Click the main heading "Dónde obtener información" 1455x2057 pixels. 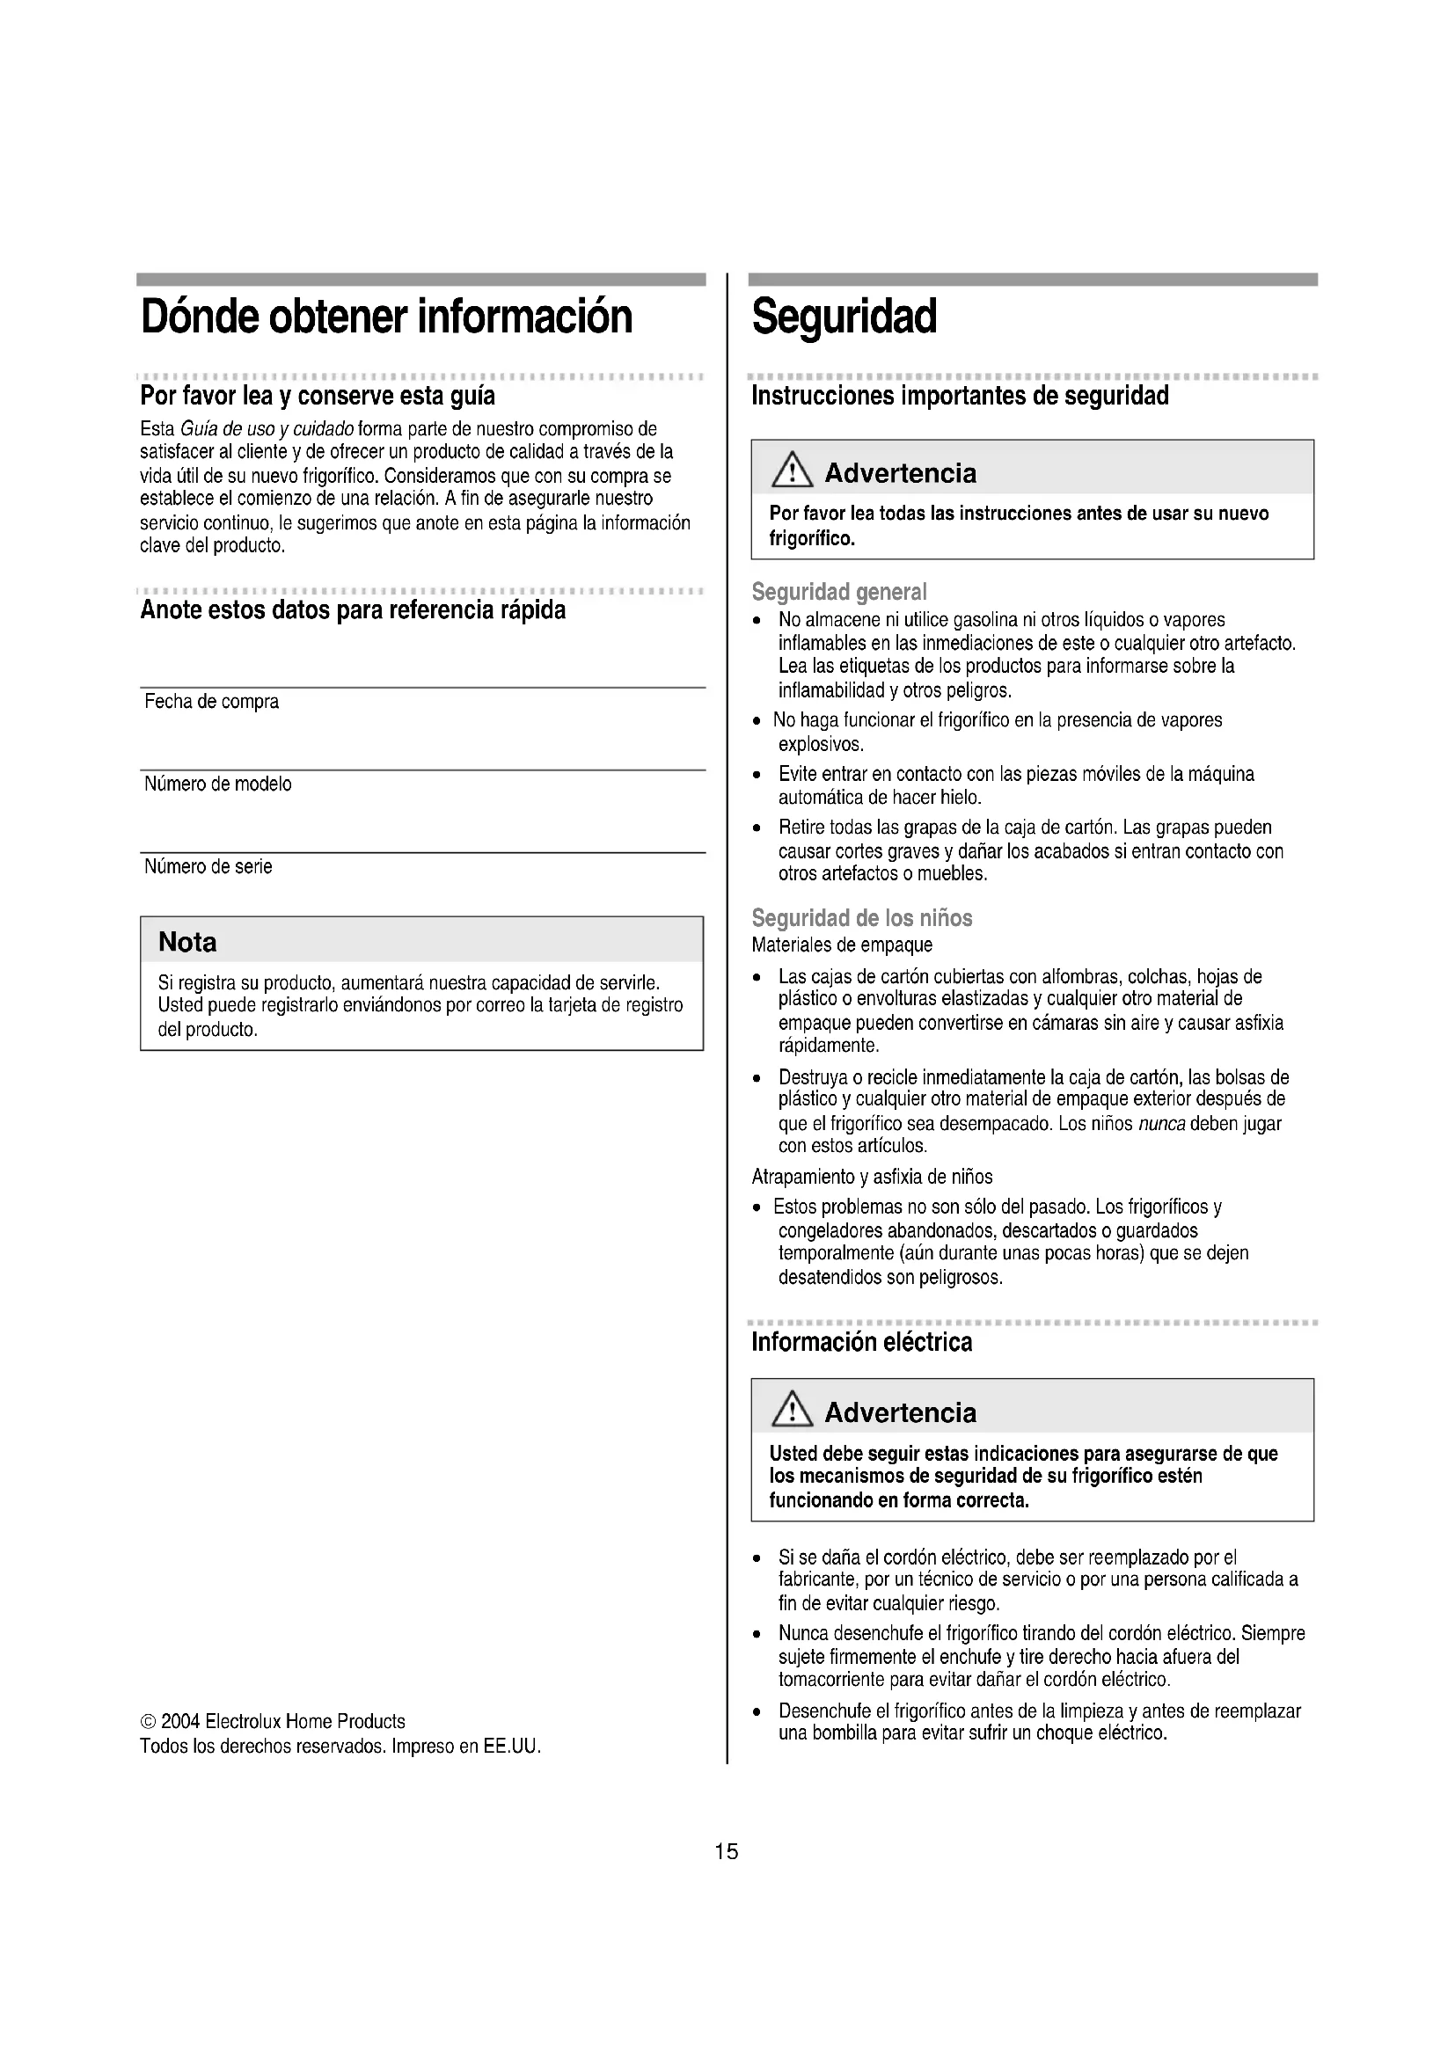[386, 317]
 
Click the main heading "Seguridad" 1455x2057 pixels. [844, 317]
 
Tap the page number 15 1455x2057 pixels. [727, 1851]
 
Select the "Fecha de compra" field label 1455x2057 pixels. [211, 702]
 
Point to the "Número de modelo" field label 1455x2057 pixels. [217, 784]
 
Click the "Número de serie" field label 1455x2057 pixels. [208, 866]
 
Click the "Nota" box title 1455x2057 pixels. [187, 942]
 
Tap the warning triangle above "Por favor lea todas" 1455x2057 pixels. [791, 471]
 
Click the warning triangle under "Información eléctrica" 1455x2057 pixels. [791, 1411]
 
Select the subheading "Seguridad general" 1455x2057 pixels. [838, 592]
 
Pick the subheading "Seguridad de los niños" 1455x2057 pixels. [861, 917]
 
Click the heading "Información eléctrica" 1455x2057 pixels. [861, 1341]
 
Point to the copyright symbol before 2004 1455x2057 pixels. [149, 1722]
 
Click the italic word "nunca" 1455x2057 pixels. [1161, 1123]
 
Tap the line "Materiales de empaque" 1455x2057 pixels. [841, 945]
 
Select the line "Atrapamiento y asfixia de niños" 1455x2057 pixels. [872, 1177]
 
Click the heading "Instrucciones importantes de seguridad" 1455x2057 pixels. [960, 396]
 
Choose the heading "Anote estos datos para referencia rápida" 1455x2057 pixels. [353, 610]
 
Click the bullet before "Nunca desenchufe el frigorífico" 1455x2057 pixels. [758, 1634]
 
